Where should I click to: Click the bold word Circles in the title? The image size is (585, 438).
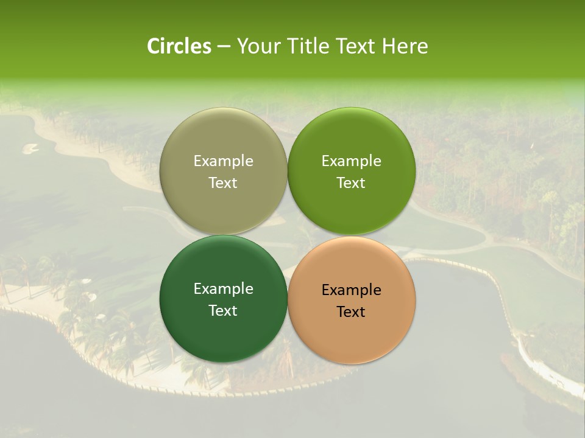point(179,46)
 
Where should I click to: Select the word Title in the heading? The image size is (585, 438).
point(308,46)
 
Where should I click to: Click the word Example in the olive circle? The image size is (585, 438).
point(223,161)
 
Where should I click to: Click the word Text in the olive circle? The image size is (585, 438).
point(223,183)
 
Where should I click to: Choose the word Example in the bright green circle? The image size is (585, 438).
point(352,161)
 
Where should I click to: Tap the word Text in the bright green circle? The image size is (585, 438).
point(352,183)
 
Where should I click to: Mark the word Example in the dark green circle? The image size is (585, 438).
point(223,289)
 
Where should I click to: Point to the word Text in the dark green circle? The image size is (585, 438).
point(223,311)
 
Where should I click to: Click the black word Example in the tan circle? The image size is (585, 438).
point(352,290)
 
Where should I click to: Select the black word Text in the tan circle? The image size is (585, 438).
point(352,312)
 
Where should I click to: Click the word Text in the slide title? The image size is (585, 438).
point(355,46)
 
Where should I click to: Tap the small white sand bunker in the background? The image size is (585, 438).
point(30,147)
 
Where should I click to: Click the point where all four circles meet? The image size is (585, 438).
point(288,235)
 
